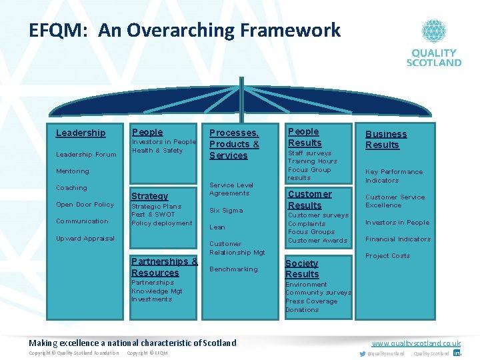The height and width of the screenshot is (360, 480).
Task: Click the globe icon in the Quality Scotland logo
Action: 433,31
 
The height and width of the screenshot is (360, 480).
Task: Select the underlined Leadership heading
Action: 81,133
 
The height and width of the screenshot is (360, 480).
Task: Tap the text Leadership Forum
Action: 86,155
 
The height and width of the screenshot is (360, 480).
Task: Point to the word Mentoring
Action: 73,171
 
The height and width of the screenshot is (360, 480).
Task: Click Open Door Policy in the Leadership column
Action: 85,205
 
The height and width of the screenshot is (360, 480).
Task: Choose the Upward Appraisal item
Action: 85,239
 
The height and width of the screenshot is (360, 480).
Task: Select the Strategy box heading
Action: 150,196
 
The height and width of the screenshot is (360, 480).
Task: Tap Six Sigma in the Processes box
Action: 226,211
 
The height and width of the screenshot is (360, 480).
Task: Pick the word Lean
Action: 217,227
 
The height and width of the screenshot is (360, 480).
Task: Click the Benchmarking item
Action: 233,269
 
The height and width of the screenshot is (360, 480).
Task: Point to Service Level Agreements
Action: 231,189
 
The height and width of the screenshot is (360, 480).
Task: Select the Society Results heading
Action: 302,269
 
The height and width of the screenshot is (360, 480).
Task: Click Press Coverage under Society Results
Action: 311,301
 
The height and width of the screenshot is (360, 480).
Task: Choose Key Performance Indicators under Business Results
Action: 393,176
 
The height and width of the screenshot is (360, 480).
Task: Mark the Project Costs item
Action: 387,256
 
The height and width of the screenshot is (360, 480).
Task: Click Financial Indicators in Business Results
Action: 398,239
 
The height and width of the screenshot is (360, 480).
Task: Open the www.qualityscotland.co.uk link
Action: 416,343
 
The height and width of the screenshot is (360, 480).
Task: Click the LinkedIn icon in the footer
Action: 457,353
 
